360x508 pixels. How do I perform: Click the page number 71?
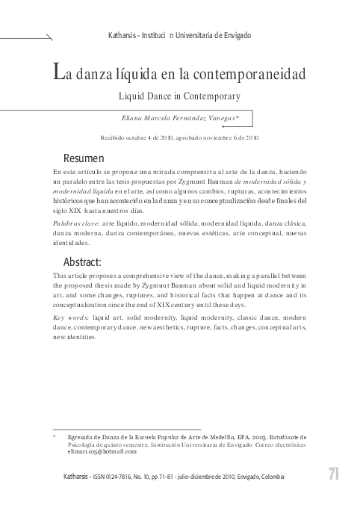tap(335, 476)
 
